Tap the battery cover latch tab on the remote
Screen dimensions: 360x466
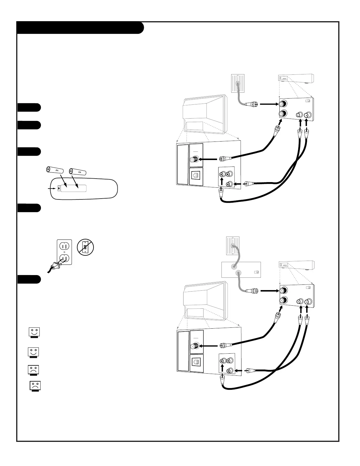coord(60,188)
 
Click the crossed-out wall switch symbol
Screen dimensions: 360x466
coord(85,247)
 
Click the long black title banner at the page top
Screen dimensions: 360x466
coord(80,28)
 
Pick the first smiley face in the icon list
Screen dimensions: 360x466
coord(34,333)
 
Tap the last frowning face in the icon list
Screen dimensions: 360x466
coord(35,386)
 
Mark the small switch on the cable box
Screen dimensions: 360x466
coord(256,272)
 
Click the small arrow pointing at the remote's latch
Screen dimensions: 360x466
coord(53,188)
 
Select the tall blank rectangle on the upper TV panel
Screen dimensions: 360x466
coord(183,164)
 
